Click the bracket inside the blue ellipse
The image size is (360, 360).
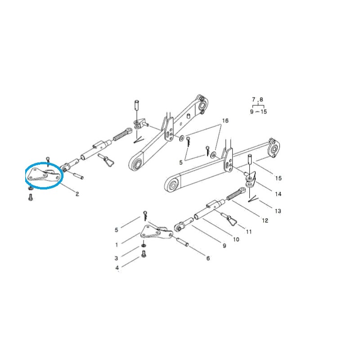tap(43, 176)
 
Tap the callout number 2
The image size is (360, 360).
tap(77, 194)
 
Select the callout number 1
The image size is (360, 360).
tap(117, 245)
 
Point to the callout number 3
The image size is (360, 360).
tap(116, 258)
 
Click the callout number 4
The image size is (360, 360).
tap(117, 268)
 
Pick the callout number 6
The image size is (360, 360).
tap(207, 258)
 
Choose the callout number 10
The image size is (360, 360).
tap(236, 239)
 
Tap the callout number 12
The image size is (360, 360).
tap(265, 220)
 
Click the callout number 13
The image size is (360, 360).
tap(278, 211)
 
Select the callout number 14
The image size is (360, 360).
tap(278, 194)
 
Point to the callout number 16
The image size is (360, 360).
tap(225, 121)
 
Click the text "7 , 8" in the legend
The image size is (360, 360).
tap(258, 99)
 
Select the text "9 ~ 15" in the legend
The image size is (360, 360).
tap(258, 111)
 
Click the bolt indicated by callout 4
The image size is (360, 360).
tap(144, 255)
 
